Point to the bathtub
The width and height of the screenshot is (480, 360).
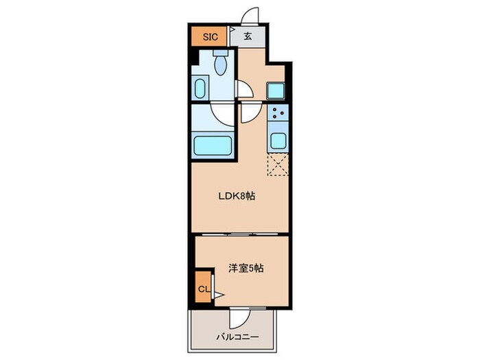[x=212, y=145]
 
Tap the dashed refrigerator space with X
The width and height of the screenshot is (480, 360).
[x=278, y=165]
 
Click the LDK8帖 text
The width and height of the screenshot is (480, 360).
[x=237, y=195]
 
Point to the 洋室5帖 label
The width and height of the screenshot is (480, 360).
[x=245, y=268]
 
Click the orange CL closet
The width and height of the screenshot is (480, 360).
[x=203, y=288]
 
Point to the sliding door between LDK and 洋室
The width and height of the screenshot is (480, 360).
[x=240, y=233]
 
